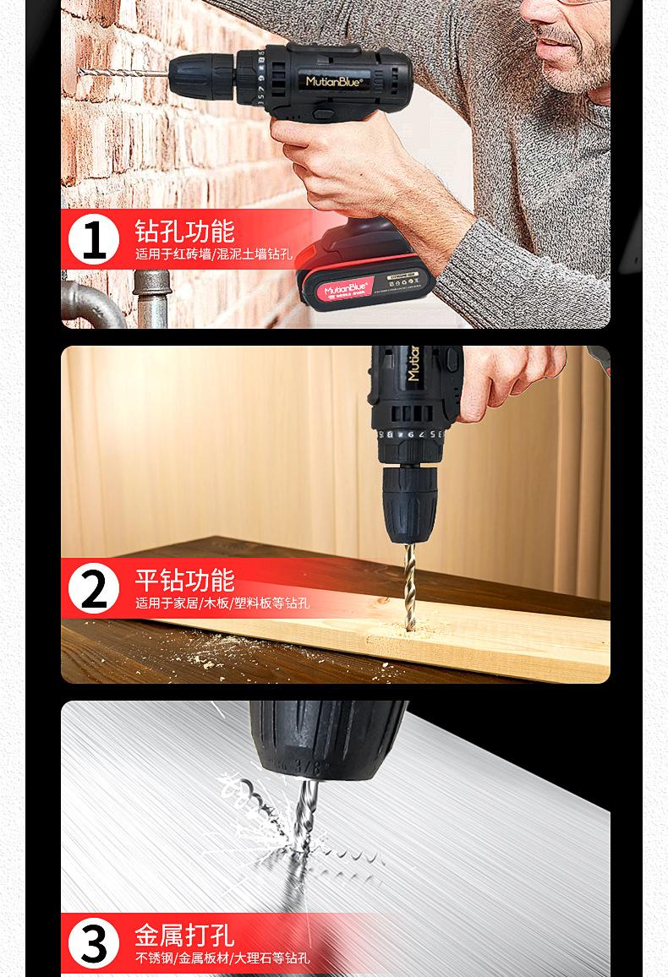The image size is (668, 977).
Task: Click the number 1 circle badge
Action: [x=94, y=239]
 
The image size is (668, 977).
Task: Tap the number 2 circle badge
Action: [x=94, y=588]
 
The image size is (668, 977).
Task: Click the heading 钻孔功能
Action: [x=184, y=231]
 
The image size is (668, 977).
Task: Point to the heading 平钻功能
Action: [x=184, y=580]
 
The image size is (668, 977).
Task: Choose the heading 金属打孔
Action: [x=184, y=935]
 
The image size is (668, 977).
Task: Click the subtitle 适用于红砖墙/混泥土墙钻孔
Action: [x=214, y=254]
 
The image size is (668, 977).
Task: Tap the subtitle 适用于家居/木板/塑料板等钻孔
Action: [x=222, y=603]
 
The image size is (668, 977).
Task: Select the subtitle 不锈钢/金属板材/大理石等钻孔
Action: [x=222, y=958]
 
